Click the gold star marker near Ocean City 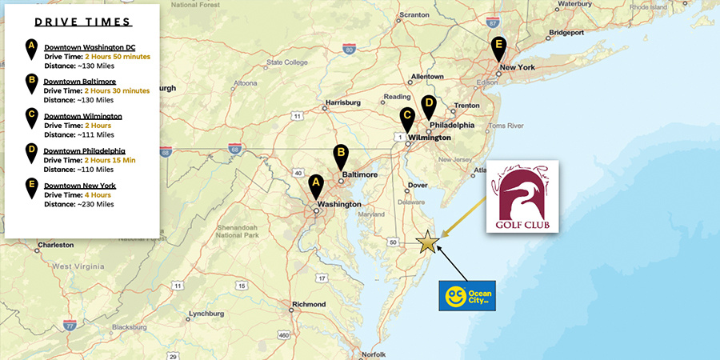coord(428,241)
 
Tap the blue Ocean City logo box coord(470,295)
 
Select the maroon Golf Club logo coord(522,196)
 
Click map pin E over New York coord(499,48)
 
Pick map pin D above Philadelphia coord(429,106)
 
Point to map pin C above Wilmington coord(407,119)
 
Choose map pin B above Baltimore coord(341,156)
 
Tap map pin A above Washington coord(316,186)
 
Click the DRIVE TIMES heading coord(82,22)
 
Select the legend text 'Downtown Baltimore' coord(80,81)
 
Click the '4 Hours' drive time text coord(98,194)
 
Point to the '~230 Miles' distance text coord(94,204)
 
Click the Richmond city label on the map coord(310,304)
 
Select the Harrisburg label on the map coord(345,103)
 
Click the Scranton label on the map coord(414,14)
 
